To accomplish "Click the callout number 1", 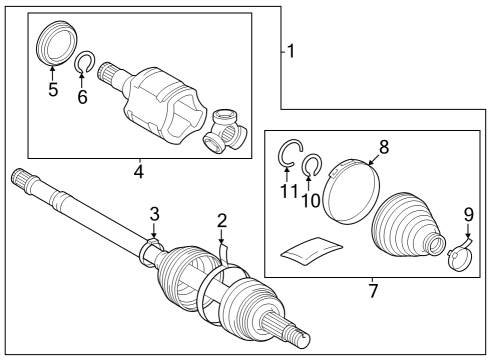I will (x=290, y=50).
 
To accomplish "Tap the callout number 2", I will (x=222, y=220).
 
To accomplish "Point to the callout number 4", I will (x=138, y=172).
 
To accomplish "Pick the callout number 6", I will (x=83, y=97).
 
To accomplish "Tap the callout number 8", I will (x=383, y=145).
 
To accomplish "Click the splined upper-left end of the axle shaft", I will (x=25, y=182).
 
